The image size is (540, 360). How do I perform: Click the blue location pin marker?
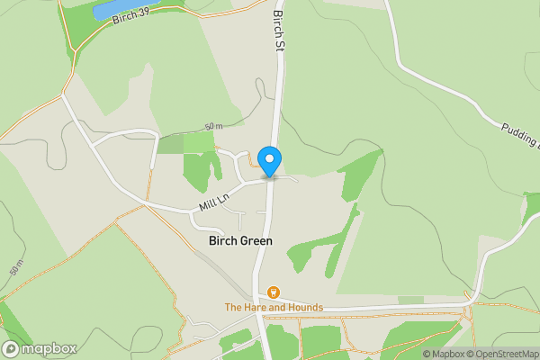click(269, 160)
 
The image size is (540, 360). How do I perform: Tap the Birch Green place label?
click(240, 241)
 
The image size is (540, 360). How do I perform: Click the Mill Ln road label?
click(215, 201)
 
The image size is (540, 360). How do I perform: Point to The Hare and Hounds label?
click(274, 308)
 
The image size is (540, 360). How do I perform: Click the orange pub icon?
click(274, 292)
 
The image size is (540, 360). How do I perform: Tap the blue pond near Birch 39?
click(126, 7)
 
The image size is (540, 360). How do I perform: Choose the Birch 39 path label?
click(133, 16)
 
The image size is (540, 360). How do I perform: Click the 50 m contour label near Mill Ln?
click(212, 126)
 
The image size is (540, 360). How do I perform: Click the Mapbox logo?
click(40, 348)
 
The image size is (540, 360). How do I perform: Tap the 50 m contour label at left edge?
click(15, 268)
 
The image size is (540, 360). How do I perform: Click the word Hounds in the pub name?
click(301, 308)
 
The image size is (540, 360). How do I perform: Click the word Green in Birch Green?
click(256, 241)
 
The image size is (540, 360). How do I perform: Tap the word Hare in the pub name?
click(256, 308)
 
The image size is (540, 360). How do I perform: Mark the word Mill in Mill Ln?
click(208, 206)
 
